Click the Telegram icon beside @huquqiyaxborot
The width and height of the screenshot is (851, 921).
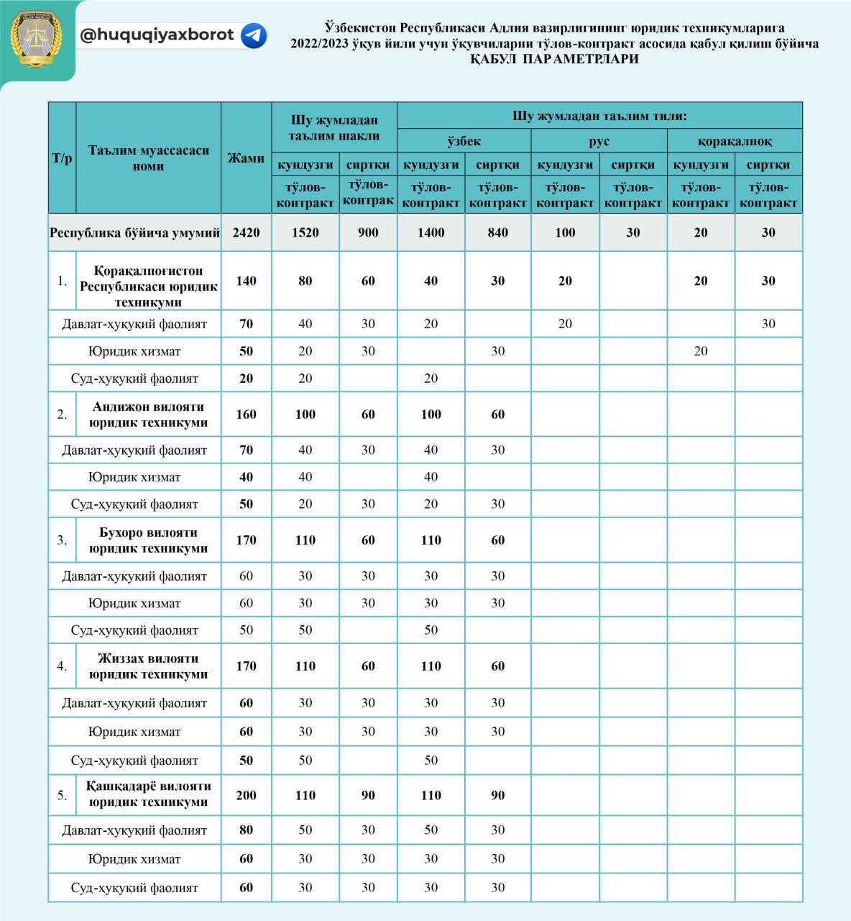[x=254, y=35]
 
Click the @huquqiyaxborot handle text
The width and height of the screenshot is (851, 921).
[x=157, y=35]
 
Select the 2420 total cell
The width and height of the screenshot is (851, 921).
[x=246, y=232]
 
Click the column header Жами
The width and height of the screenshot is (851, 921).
[x=246, y=158]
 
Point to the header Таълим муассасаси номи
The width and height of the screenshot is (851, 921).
[x=148, y=158]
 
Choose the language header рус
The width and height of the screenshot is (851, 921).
[x=599, y=141]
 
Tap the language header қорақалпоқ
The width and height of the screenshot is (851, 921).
[x=735, y=141]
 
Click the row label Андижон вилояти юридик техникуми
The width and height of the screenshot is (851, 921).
[x=148, y=414]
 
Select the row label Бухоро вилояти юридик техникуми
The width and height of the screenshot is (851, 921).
[x=148, y=540]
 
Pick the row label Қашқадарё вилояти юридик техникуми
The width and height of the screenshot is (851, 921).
[x=148, y=794]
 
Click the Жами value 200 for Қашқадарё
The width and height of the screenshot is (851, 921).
[x=246, y=795]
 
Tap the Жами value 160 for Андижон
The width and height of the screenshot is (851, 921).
[x=246, y=414]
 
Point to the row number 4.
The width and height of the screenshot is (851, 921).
[x=62, y=666]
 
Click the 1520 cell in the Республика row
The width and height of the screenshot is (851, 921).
[x=305, y=232]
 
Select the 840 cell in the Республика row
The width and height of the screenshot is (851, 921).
[x=497, y=232]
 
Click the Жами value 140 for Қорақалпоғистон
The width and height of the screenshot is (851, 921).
[x=246, y=281]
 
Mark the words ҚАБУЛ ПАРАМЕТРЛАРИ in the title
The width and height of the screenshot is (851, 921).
[x=554, y=59]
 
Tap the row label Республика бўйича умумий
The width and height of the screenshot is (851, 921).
[x=134, y=232]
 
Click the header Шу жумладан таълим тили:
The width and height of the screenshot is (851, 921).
[x=599, y=116]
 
